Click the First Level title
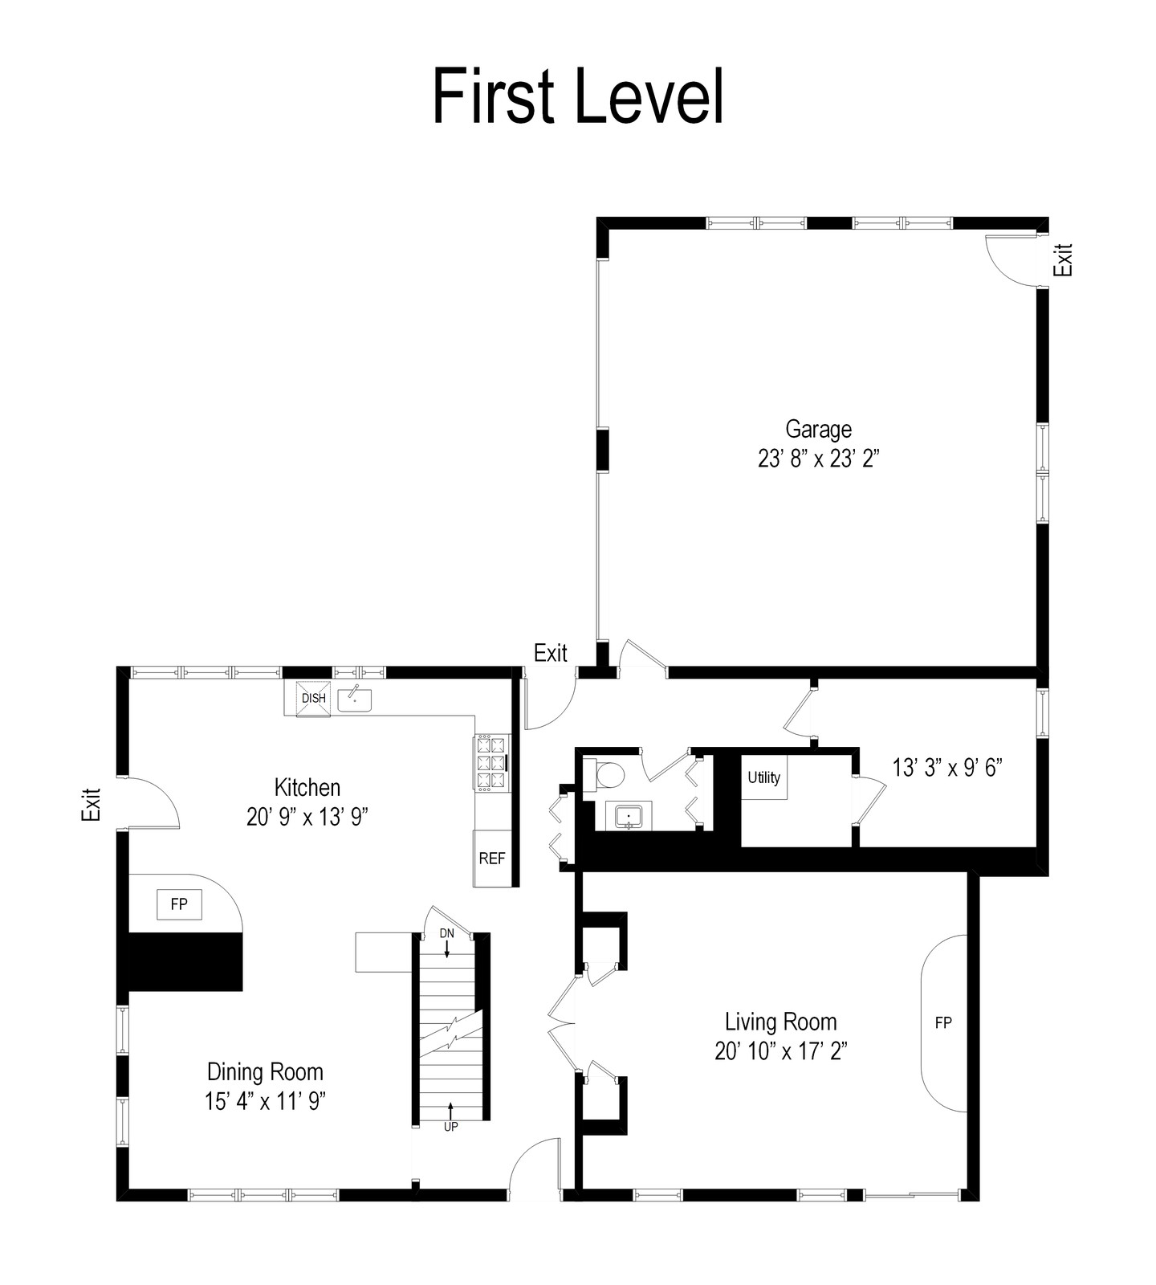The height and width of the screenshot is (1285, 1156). coord(578,96)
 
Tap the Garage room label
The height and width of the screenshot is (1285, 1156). coord(818,430)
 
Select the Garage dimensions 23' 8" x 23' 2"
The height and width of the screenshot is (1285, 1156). coord(819,459)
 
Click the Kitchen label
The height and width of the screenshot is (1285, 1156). coord(307,787)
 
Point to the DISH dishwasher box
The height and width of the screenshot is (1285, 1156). coord(314,698)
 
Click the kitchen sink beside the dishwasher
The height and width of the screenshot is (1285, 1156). coord(355,699)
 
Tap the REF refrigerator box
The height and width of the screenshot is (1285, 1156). coord(492,858)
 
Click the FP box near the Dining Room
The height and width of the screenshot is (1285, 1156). coord(179,904)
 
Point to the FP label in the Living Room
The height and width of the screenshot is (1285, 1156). coord(943,1022)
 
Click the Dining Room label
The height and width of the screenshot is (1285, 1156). coord(265,1071)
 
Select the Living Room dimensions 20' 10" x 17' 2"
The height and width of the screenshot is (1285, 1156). coord(781,1050)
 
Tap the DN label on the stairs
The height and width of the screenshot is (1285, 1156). coord(447,933)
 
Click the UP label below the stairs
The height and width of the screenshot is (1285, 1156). coord(450,1127)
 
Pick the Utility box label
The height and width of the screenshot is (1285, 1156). coord(763,777)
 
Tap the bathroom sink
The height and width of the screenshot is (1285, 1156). coord(629,816)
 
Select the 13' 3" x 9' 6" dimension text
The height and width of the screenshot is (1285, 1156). coord(949,767)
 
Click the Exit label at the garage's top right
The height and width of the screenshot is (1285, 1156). coord(1064,259)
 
